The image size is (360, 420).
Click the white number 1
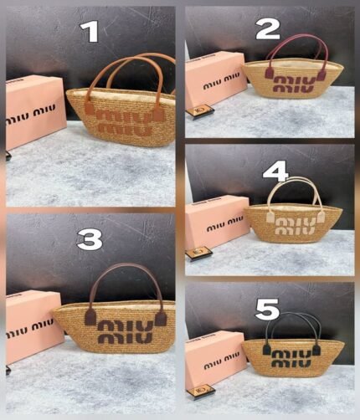pyautogui.click(x=90, y=32)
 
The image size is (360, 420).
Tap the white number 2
pyautogui.click(x=268, y=29)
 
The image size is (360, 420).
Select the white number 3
pyautogui.click(x=90, y=240)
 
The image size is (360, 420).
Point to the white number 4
pyautogui.click(x=275, y=171)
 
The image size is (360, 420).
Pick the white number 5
pyautogui.click(x=267, y=309)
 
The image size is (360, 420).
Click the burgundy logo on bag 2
pyautogui.click(x=295, y=84)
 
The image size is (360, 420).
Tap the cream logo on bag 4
pyautogui.click(x=296, y=226)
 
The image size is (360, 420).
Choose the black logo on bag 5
pyautogui.click(x=291, y=358)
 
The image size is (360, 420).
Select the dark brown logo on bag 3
pyautogui.click(x=126, y=331)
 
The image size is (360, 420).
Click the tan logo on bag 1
pyautogui.click(x=126, y=122)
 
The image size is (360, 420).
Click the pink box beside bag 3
pyautogui.click(x=34, y=326)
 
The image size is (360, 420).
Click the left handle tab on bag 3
pyautogui.click(x=90, y=317)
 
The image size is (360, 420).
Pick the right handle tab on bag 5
pyautogui.click(x=316, y=350)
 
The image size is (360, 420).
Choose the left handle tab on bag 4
pyautogui.click(x=270, y=218)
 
